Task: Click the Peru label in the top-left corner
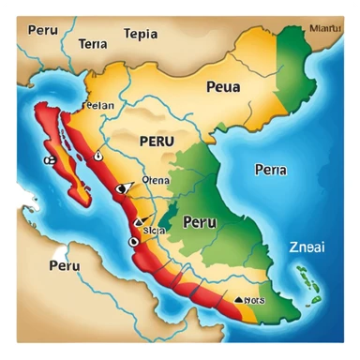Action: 44,30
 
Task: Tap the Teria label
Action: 94,43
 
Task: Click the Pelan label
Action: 98,106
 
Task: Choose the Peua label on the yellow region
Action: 222,86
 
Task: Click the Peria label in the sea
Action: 270,170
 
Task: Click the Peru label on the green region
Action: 200,222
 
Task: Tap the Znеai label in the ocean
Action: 307,249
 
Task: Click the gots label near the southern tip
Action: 253,301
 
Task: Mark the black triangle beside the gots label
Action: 240,300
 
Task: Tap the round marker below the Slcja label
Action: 132,240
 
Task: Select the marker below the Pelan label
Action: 97,120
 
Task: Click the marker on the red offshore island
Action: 48,160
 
